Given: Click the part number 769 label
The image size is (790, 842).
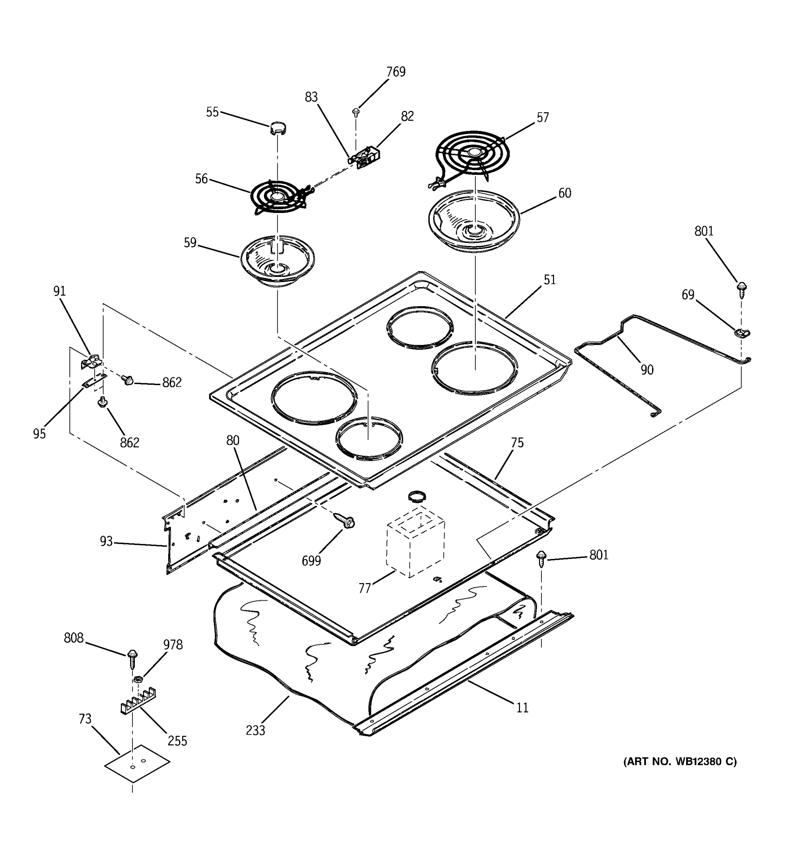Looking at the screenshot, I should [x=395, y=72].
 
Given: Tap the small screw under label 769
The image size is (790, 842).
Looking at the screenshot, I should [x=356, y=112].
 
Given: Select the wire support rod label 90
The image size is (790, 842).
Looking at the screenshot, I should [x=647, y=370].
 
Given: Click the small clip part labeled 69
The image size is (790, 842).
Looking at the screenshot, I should [x=742, y=333].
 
